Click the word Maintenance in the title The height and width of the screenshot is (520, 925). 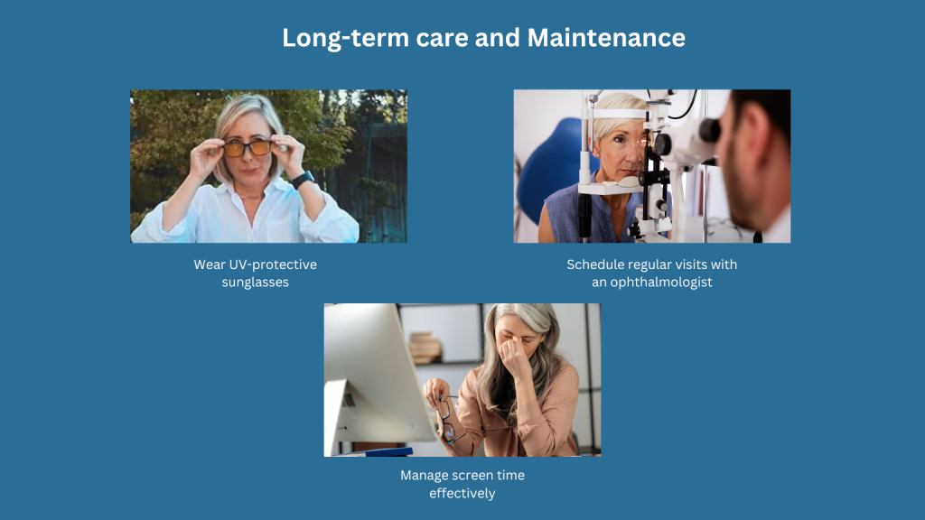coord(606,38)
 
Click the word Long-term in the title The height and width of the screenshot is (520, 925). coord(345,38)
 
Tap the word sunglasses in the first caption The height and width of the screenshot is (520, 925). coord(256,282)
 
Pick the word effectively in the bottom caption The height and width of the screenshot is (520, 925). coord(462,493)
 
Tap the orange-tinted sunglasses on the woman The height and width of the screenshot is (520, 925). coord(248,149)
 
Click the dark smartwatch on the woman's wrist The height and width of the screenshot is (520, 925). coord(303,179)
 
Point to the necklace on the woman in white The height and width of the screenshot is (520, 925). coord(251,195)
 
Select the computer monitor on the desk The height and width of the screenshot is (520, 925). coord(378,377)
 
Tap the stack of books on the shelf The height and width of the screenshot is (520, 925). coord(425,348)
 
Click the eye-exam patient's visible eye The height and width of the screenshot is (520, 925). coord(619,139)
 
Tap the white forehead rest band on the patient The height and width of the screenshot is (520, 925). coord(620,114)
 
